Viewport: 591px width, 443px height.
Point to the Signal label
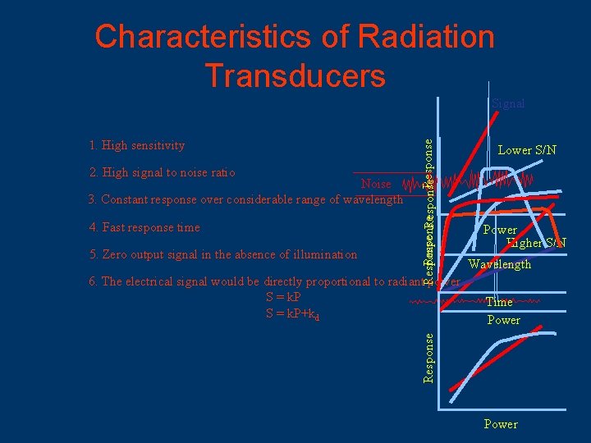tap(508, 104)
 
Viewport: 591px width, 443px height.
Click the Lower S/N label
tap(527, 150)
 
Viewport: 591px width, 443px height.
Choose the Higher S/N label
tap(536, 243)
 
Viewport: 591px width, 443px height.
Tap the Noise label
tap(376, 185)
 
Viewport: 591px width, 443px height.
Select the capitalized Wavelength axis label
tap(500, 264)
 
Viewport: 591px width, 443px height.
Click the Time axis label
tap(499, 302)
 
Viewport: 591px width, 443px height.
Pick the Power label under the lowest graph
tap(501, 424)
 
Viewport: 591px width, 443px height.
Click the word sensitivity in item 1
tap(156, 146)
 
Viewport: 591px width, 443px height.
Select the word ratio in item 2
tap(221, 173)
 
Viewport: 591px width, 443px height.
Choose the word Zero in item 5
tap(115, 254)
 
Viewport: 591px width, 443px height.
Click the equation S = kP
tap(283, 296)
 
